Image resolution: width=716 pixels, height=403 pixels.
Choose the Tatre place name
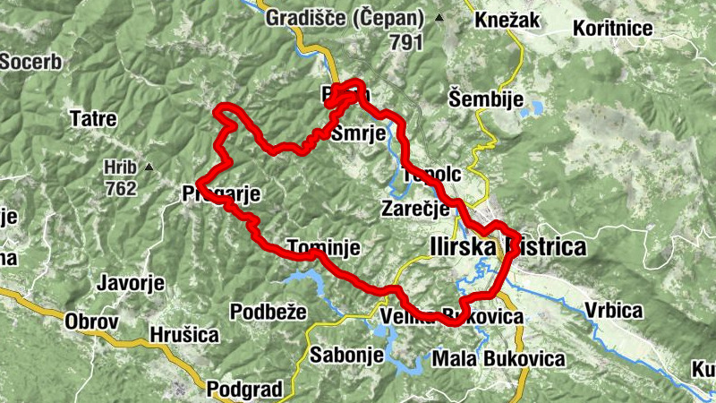point(89,117)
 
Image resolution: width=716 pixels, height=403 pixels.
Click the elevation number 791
point(406,40)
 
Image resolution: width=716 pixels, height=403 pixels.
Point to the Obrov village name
point(92,320)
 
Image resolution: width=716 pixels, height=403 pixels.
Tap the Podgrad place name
point(244,390)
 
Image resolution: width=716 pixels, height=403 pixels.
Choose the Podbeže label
point(268,312)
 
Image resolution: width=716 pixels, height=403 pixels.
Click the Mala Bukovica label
point(498,358)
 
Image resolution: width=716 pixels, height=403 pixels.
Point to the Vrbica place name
point(614,311)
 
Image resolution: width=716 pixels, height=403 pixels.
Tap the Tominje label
point(323,246)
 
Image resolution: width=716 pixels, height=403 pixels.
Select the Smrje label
point(358,134)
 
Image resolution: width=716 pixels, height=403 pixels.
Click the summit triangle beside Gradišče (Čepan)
point(439,18)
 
